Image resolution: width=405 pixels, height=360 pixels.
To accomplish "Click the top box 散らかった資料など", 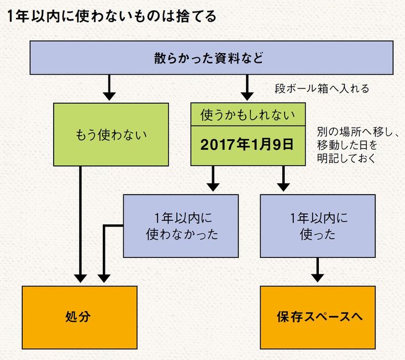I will [x=211, y=58].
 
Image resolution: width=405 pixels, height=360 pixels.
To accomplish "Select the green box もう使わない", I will [x=111, y=135].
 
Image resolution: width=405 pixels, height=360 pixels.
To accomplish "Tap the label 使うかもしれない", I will [x=248, y=115].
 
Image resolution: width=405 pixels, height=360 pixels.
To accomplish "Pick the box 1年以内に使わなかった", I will [x=181, y=225].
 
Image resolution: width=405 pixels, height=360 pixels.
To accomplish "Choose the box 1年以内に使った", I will [x=317, y=225].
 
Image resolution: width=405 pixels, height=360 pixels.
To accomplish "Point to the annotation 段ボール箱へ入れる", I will [x=322, y=89].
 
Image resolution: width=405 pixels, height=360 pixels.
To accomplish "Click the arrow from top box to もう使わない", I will [x=110, y=88].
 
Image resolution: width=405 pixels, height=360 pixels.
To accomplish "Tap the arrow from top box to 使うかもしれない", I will [x=248, y=88].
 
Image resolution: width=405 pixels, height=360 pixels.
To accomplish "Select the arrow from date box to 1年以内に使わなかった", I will [x=212, y=180].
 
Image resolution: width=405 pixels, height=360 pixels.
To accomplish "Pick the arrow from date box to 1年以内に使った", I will [x=282, y=180].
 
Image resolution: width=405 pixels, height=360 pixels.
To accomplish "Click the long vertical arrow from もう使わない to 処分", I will [x=80, y=228].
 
